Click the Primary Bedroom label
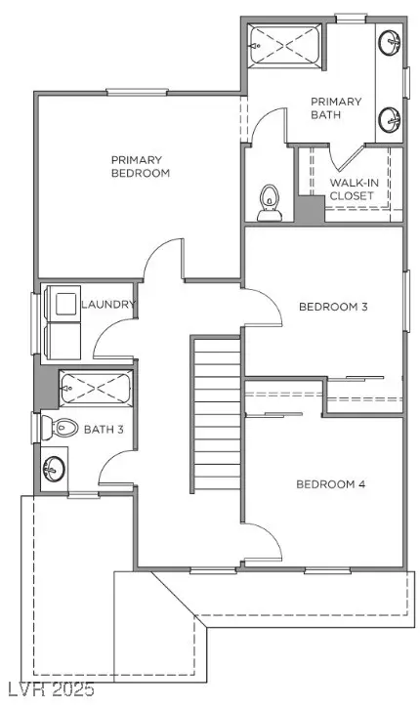tap(141, 167)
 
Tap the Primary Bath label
tap(336, 108)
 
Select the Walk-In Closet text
tap(354, 189)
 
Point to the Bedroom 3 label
tap(333, 307)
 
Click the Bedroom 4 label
tap(330, 484)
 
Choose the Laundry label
tap(108, 305)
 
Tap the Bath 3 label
tap(104, 430)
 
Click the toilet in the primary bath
tap(270, 203)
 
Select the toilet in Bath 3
tap(60, 427)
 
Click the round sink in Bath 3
tap(54, 468)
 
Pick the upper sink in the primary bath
tap(390, 42)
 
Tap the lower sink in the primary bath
tap(390, 120)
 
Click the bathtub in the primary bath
tap(285, 44)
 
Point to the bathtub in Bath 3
tap(96, 388)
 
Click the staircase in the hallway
tap(216, 414)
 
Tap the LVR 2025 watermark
tap(48, 689)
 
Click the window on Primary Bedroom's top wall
tap(138, 92)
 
